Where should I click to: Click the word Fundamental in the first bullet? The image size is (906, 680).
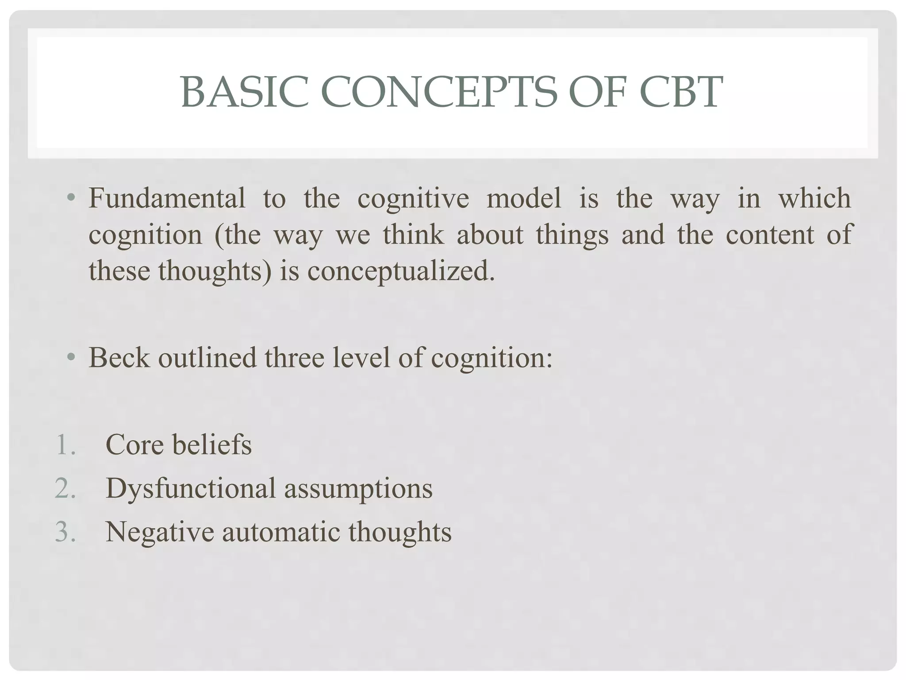[167, 198]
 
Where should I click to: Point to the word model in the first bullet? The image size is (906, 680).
[524, 198]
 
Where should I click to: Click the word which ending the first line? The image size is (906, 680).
[814, 198]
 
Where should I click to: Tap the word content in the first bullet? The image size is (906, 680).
[770, 235]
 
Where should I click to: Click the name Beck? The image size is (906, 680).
[119, 358]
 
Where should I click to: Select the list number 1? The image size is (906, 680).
[65, 445]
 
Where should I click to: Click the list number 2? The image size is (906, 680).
[65, 489]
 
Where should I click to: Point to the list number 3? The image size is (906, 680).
[65, 532]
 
